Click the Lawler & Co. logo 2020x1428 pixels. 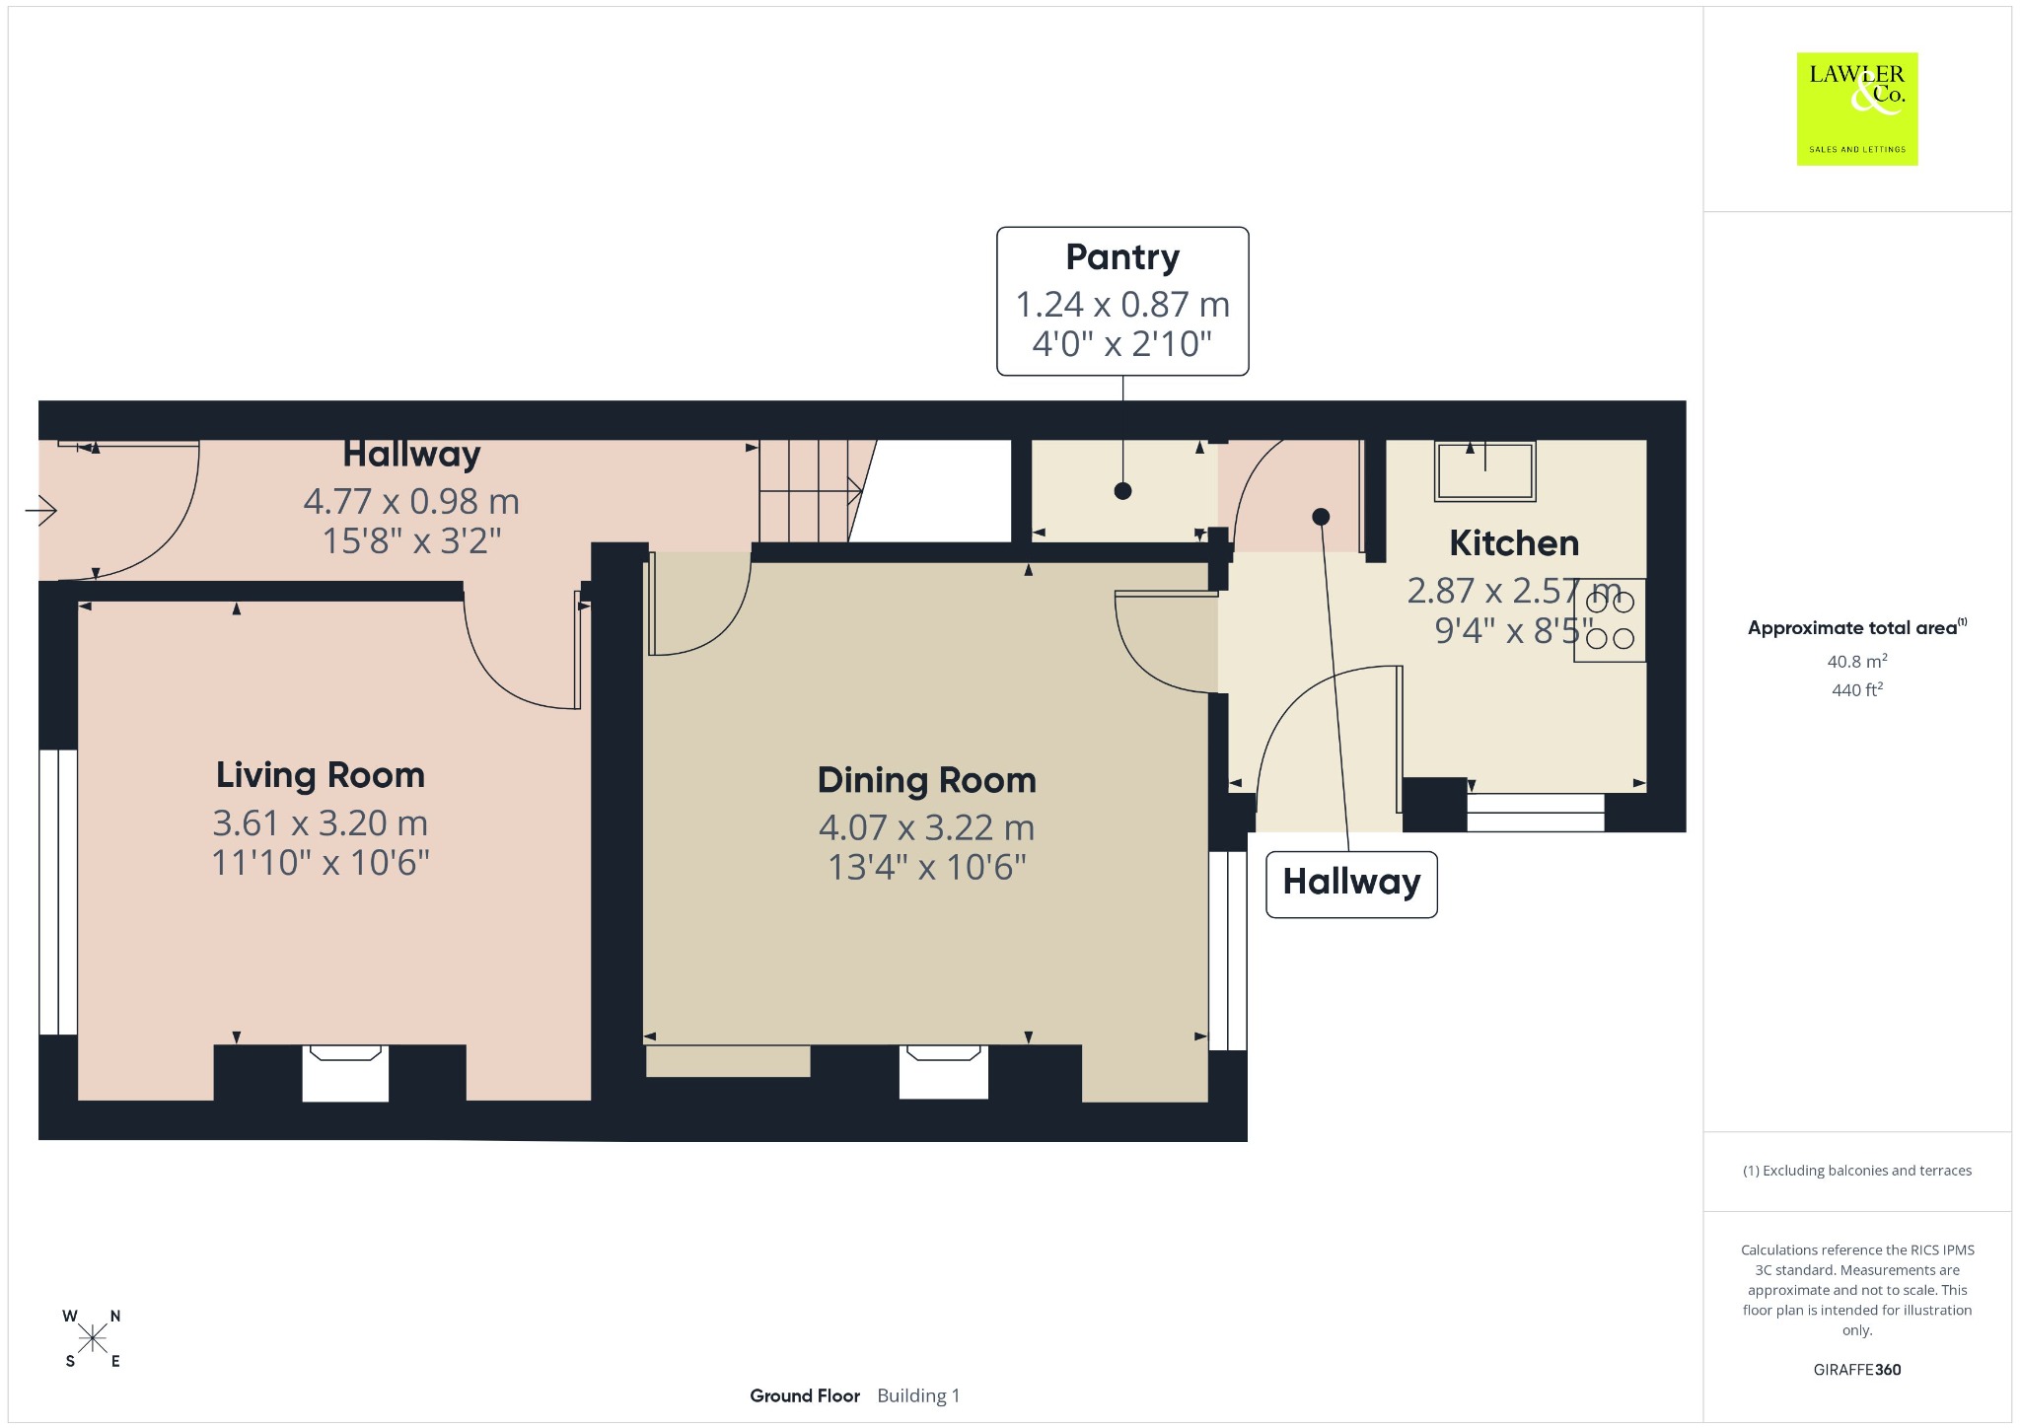1857,108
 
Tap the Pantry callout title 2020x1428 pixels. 1122,257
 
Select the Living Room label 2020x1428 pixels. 321,775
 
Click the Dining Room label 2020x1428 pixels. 927,780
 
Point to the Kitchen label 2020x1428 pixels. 1514,543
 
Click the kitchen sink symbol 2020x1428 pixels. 1485,470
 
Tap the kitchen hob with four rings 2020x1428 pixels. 1610,619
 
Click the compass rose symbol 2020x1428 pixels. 93,1338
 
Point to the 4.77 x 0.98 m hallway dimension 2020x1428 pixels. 411,502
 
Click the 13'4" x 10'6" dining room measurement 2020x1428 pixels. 927,868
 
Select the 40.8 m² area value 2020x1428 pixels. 1857,661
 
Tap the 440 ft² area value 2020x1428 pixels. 1857,690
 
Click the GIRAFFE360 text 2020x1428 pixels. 1857,1370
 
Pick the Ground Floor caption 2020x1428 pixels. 805,1395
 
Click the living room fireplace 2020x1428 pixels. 345,1073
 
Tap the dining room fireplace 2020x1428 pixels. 943,1072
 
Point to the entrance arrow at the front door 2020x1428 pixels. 41,511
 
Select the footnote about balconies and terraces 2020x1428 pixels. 1857,1171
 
